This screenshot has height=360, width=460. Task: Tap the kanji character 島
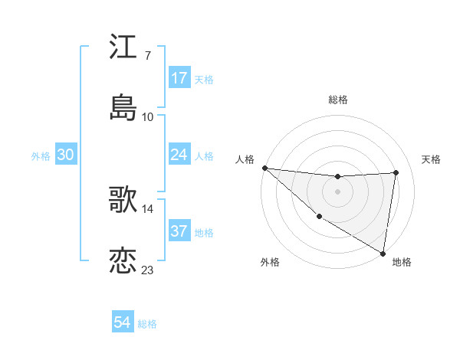pyautogui.click(x=123, y=106)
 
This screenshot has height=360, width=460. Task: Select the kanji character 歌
pyautogui.click(x=123, y=198)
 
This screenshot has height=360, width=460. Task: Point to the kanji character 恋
pyautogui.click(x=123, y=259)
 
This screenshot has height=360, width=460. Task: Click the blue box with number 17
pyautogui.click(x=179, y=78)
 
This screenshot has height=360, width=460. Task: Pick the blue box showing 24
pyautogui.click(x=179, y=155)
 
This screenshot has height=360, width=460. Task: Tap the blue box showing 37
pyautogui.click(x=179, y=231)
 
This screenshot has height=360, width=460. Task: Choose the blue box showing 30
pyautogui.click(x=66, y=155)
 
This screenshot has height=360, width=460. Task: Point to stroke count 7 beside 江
pyautogui.click(x=147, y=57)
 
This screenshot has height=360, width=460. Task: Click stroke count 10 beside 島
pyautogui.click(x=148, y=116)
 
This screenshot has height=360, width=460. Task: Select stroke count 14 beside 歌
pyautogui.click(x=148, y=208)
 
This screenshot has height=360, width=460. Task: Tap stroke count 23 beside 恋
pyautogui.click(x=148, y=270)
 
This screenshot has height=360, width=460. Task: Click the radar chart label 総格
pyautogui.click(x=338, y=100)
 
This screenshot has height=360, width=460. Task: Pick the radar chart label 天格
pyautogui.click(x=432, y=159)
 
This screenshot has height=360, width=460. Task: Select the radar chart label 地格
pyautogui.click(x=402, y=263)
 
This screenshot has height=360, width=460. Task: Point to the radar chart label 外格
pyautogui.click(x=270, y=263)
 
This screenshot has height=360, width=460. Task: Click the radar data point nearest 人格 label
pyautogui.click(x=264, y=168)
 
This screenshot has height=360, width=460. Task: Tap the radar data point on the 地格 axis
pyautogui.click(x=383, y=253)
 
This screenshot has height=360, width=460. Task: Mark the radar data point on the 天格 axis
pyautogui.click(x=396, y=172)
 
